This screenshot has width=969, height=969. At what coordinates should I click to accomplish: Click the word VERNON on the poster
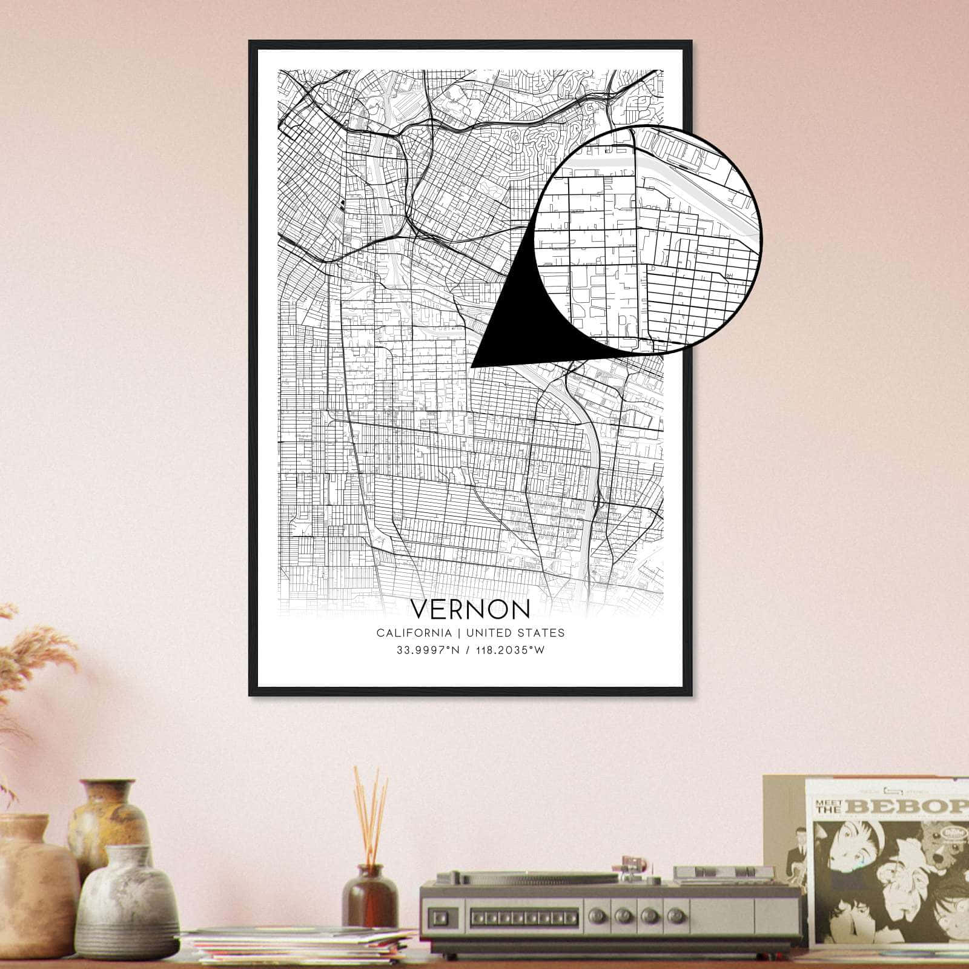(x=470, y=609)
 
